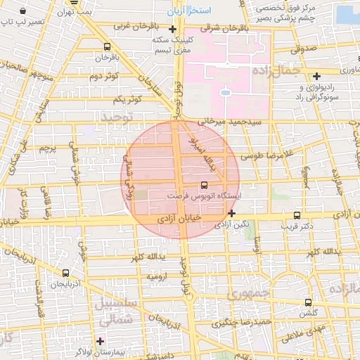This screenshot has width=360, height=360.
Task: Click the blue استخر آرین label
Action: click(x=186, y=12)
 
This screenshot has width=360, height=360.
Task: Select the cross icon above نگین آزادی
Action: click(x=231, y=212)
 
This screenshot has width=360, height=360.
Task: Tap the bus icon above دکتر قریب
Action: click(x=297, y=215)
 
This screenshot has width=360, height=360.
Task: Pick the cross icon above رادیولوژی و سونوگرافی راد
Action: click(x=317, y=76)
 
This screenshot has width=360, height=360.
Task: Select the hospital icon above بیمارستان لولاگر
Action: click(x=101, y=341)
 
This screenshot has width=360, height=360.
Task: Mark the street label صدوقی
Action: click(x=302, y=49)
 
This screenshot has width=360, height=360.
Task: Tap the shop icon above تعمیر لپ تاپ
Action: click(x=24, y=12)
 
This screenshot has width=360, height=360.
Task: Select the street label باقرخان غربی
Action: click(x=134, y=26)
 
